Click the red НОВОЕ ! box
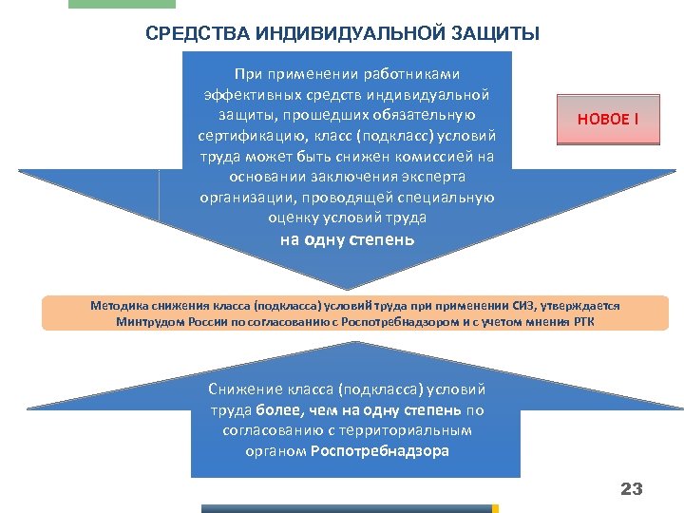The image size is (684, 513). tap(608, 119)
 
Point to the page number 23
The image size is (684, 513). tap(631, 489)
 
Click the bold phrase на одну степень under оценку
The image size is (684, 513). tap(347, 239)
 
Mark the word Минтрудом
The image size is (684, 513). tap(154, 322)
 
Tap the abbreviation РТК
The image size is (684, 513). tap(582, 322)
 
